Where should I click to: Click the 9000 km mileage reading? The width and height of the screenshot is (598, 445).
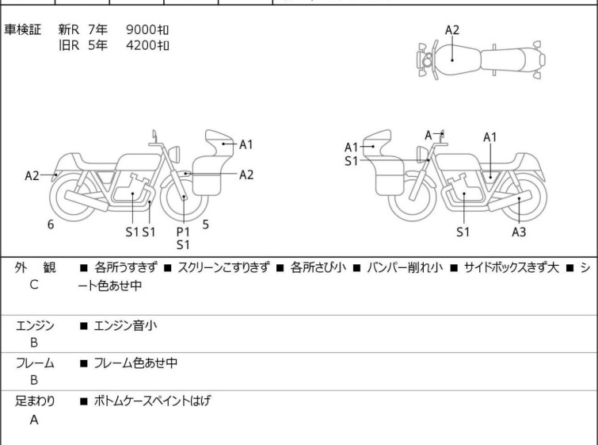147,30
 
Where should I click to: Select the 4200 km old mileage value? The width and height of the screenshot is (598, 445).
147,45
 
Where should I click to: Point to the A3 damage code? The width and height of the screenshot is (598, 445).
519,232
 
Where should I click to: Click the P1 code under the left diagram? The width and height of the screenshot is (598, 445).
183,231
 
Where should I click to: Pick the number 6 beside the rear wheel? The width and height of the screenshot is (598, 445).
51,225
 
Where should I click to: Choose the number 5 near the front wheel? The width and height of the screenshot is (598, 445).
206,224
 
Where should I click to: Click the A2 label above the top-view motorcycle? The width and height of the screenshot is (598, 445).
452,30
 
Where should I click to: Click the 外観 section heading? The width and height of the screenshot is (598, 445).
34,268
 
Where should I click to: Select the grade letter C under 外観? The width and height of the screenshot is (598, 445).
34,285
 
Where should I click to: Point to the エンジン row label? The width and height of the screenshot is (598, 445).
34,325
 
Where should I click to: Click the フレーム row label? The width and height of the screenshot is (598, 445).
34,363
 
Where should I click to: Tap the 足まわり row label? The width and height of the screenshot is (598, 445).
34,401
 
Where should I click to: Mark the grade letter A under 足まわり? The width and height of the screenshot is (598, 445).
34,420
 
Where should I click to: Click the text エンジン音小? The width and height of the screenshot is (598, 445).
127,325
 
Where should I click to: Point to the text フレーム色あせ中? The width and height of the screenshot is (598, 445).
135,363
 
